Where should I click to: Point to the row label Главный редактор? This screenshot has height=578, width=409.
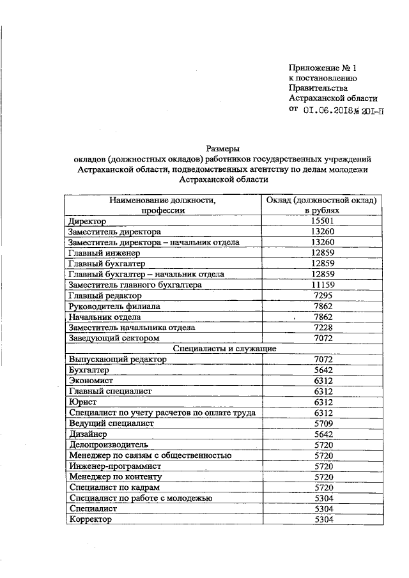[x=104, y=296]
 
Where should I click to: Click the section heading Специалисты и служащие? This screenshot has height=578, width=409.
[x=225, y=349]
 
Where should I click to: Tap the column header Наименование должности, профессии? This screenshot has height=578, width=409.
[x=163, y=205]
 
